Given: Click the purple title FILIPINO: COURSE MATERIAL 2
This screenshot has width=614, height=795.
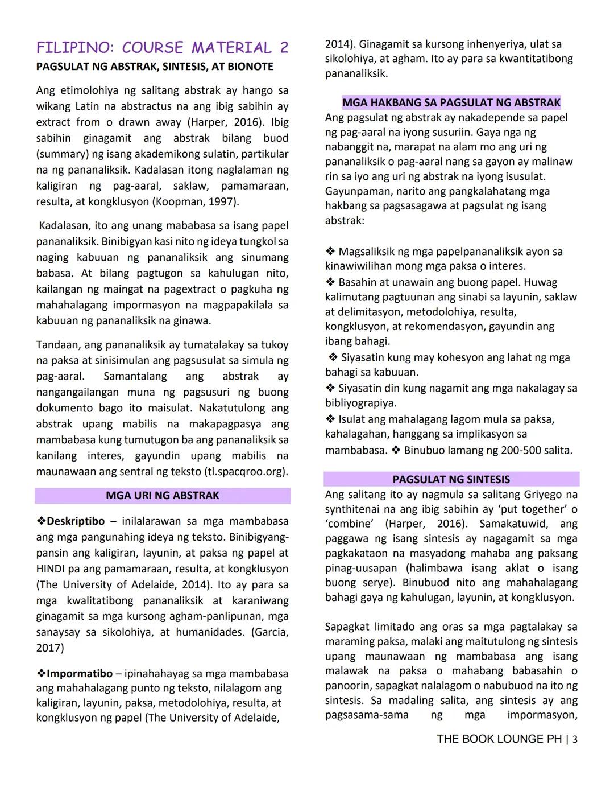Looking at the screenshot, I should click(x=162, y=47).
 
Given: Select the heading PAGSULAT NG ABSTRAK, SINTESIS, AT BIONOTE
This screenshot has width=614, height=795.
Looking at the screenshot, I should click(x=155, y=67).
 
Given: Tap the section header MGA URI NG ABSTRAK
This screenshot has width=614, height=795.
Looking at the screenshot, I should click(x=162, y=496).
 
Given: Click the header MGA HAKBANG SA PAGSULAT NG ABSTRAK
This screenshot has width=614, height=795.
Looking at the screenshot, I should click(x=451, y=103).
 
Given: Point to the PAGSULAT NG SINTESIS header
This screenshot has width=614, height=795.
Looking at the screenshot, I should click(x=451, y=479).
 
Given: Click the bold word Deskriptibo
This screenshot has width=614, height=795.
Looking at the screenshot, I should click(x=76, y=521).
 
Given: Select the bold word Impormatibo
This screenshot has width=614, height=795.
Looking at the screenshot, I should click(x=80, y=674).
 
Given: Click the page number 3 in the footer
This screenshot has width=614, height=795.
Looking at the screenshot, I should click(x=575, y=739).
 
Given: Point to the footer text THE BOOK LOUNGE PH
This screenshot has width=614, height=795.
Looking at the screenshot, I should click(x=499, y=739).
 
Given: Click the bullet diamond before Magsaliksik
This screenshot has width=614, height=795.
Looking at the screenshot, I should click(x=330, y=252).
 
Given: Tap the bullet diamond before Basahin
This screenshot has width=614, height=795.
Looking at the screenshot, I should click(x=330, y=282).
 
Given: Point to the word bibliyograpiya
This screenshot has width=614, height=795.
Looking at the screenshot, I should click(x=360, y=403).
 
